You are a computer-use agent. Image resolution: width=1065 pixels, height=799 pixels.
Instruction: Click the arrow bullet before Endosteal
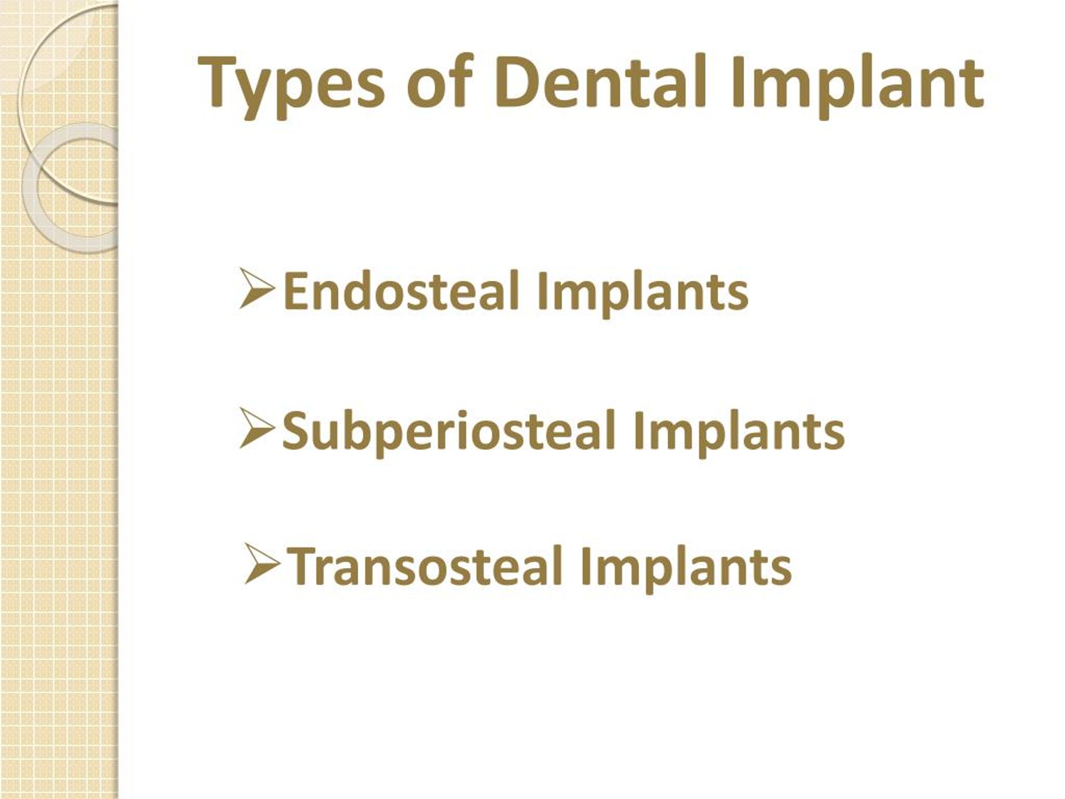pyautogui.click(x=257, y=289)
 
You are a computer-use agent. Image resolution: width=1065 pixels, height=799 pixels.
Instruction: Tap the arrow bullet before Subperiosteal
pyautogui.click(x=257, y=428)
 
